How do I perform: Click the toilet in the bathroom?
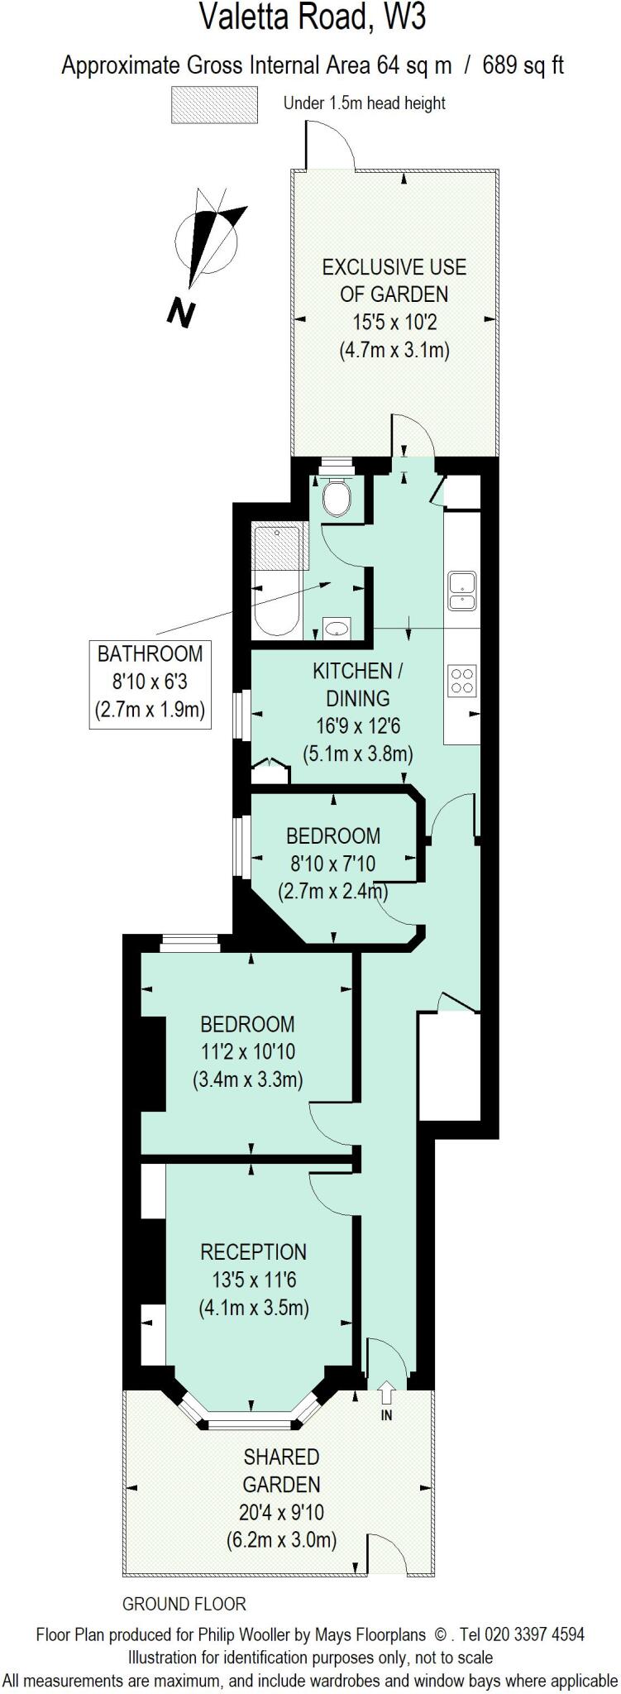pyautogui.click(x=337, y=496)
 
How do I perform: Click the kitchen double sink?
pyautogui.click(x=461, y=590)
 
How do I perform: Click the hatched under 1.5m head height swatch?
pyautogui.click(x=213, y=104)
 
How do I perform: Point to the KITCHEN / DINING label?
pyautogui.click(x=357, y=683)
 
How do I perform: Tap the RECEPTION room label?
pyautogui.click(x=253, y=1251)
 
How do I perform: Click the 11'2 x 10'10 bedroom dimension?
pyautogui.click(x=247, y=1052)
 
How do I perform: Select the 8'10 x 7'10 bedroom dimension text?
pyautogui.click(x=332, y=864)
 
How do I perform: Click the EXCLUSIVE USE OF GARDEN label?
pyautogui.click(x=394, y=280)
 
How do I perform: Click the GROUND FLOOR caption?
pyautogui.click(x=184, y=1604)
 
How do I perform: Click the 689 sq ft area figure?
pyautogui.click(x=523, y=65)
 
